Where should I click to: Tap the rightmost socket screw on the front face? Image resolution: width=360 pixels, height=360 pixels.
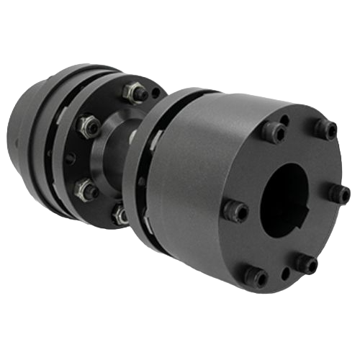click(340, 192)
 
